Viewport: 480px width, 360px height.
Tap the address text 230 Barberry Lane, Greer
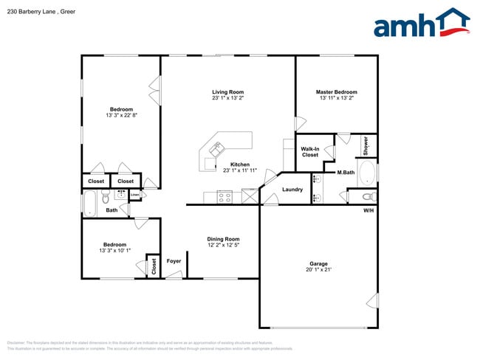pyautogui.click(x=41, y=12)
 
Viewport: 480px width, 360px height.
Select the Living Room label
pyautogui.click(x=227, y=91)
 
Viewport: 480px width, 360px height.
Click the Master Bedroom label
pyautogui.click(x=336, y=91)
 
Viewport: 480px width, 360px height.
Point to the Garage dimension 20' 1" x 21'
pyautogui.click(x=318, y=269)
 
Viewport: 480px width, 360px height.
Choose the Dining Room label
pyautogui.click(x=223, y=238)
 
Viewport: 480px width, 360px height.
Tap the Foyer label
pyautogui.click(x=174, y=260)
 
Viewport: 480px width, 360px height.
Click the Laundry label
pyautogui.click(x=292, y=190)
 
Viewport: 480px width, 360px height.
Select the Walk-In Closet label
pyautogui.click(x=309, y=152)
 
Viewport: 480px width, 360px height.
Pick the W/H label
pyautogui.click(x=368, y=210)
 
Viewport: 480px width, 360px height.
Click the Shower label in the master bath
pyautogui.click(x=366, y=145)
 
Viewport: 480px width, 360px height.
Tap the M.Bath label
pyautogui.click(x=346, y=173)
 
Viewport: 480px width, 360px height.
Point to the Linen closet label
pyautogui.click(x=135, y=195)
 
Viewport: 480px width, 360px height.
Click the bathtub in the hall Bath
pyautogui.click(x=91, y=203)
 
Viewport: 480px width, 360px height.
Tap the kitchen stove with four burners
pyautogui.click(x=224, y=197)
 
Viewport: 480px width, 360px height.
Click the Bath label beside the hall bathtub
pyautogui.click(x=112, y=210)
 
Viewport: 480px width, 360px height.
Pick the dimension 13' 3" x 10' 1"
pyautogui.click(x=114, y=251)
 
